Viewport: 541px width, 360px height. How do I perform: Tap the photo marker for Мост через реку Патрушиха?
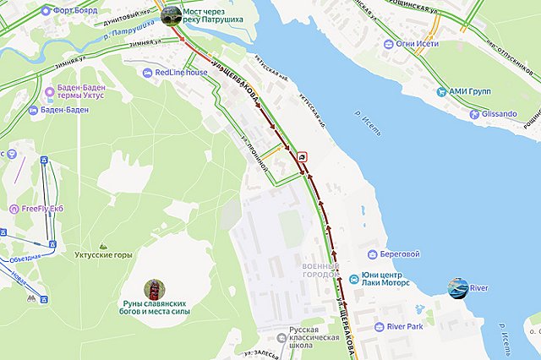point(171,14)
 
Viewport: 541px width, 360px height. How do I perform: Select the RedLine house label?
point(181,73)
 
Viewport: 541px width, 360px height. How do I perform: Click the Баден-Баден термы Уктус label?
point(87,93)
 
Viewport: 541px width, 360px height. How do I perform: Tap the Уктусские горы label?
point(103,254)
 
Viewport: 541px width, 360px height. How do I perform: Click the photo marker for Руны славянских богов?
point(154,290)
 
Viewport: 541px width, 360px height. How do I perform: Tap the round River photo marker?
point(457,288)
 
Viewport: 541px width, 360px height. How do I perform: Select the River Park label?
point(404,326)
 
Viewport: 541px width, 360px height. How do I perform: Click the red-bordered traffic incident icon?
point(303,156)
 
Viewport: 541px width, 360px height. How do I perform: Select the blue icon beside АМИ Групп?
point(441,91)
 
